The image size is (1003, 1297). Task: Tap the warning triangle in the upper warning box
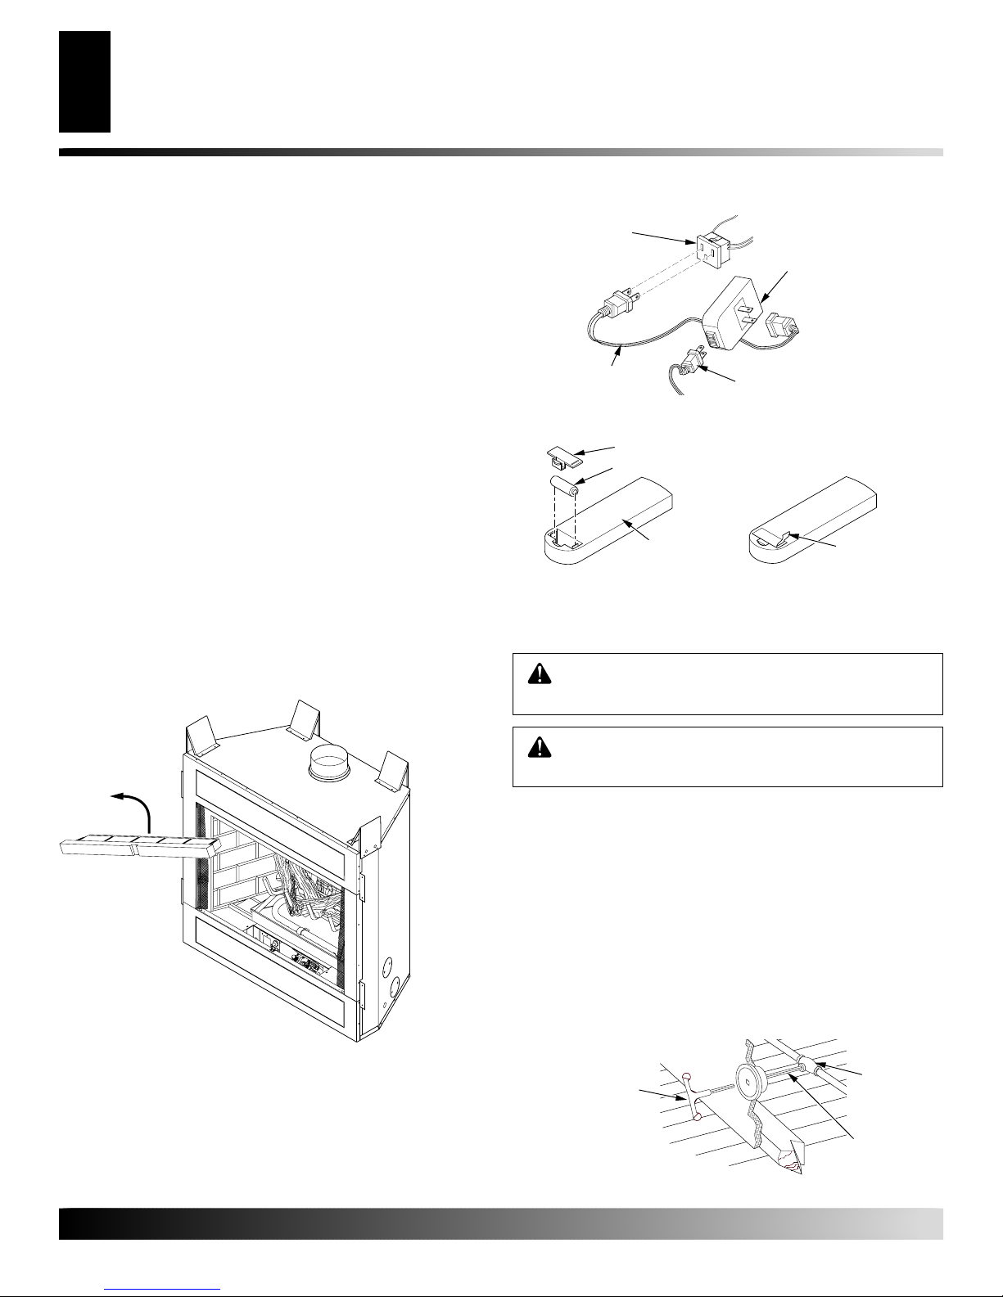[540, 673]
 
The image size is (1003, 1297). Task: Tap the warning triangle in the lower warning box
[540, 746]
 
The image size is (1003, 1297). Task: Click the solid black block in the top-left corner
[84, 81]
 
